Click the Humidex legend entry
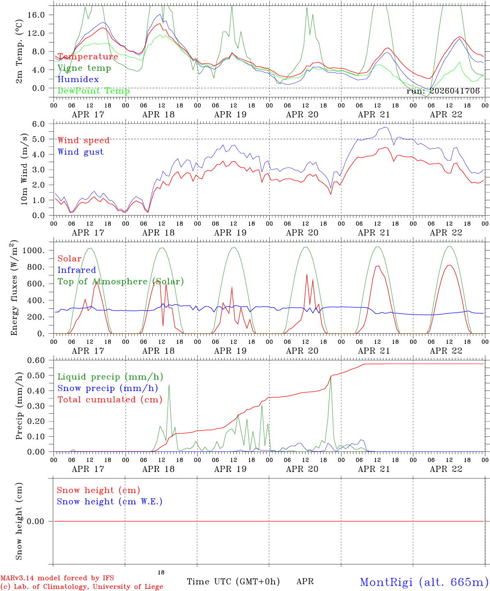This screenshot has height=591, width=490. coord(78,80)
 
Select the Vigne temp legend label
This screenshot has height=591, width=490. coord(84,68)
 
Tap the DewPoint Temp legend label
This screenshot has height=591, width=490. coord(94,91)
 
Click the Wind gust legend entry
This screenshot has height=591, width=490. coord(81,152)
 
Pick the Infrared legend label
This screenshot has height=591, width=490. coord(77,270)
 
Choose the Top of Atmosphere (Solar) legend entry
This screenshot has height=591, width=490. coord(121,282)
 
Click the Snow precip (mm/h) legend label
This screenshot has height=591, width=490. coord(108,388)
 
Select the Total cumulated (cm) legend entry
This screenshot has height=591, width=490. coord(110,400)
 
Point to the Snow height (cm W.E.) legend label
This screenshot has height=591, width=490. coord(110,502)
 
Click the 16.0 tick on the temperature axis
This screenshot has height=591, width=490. coord(41,15)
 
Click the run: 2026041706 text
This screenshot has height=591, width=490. coord(443,91)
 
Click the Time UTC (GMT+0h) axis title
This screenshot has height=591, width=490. coord(233,582)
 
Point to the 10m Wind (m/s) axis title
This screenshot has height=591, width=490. coord(25,169)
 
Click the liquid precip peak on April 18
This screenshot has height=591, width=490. coord(169,385)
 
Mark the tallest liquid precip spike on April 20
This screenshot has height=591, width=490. coord(331,376)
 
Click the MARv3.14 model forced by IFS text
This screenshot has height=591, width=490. coord(57,578)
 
